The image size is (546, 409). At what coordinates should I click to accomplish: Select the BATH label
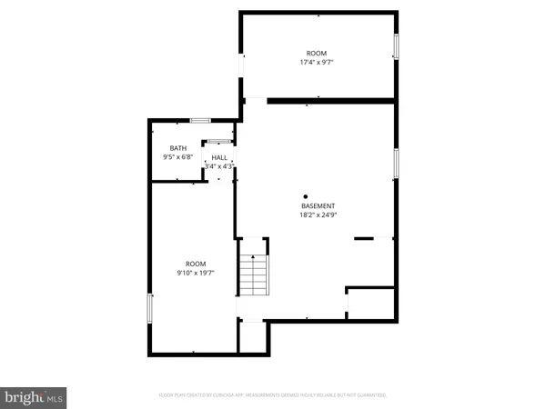point(178,148)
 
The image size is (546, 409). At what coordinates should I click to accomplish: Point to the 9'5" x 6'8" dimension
point(172,157)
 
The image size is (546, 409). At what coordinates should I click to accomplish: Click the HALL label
point(220,157)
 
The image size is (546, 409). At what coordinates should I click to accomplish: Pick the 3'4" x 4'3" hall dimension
point(219,166)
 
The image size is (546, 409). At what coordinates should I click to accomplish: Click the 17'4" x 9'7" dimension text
point(316,63)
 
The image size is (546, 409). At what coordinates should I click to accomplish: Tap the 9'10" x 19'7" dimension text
point(195,273)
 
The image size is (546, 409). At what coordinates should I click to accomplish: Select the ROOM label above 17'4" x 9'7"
point(316,54)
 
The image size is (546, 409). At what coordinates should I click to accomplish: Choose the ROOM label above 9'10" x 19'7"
point(195,263)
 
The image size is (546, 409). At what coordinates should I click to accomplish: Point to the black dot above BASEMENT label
point(306,195)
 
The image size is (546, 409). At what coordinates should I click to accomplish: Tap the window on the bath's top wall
point(200,119)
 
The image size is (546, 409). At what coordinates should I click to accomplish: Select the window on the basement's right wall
point(396,162)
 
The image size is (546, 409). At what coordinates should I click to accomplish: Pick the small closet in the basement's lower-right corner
point(371,303)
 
